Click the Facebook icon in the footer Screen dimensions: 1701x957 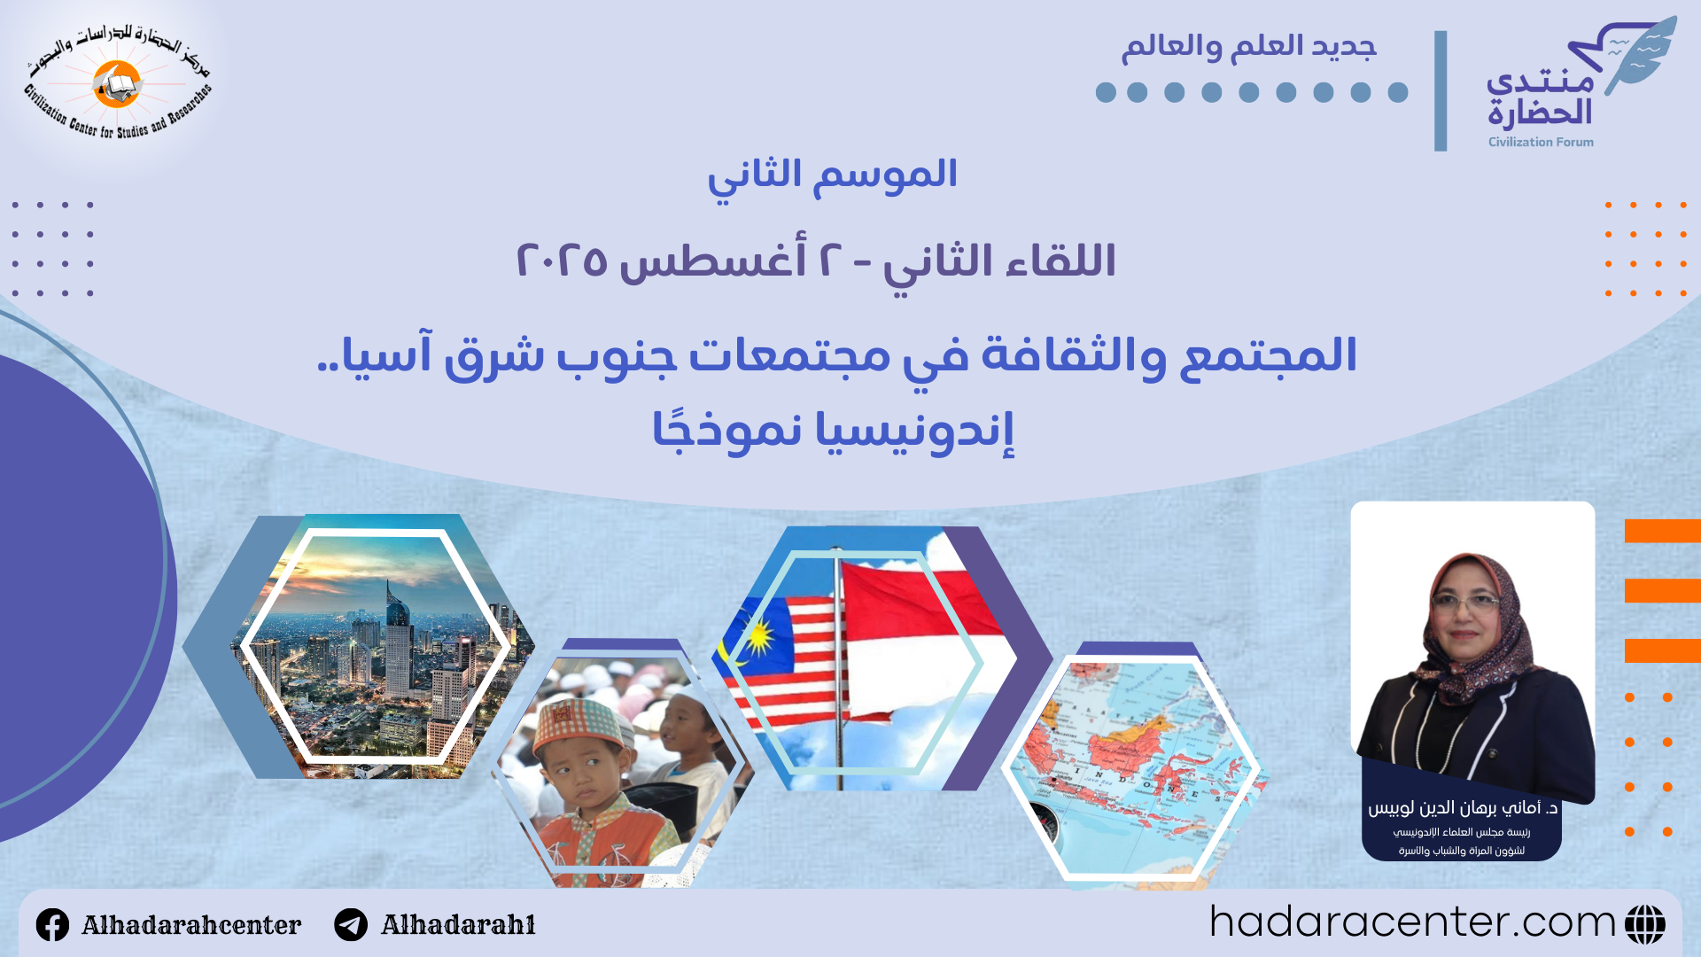52,925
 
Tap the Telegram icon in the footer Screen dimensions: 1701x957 351,925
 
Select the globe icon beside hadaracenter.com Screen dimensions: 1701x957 1645,924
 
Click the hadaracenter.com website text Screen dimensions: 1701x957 1412,922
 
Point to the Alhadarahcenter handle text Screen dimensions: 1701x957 191,925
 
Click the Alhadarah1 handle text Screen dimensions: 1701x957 458,925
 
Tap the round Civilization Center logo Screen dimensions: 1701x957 117,85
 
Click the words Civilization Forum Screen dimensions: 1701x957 1541,142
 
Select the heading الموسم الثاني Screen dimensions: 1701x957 832,175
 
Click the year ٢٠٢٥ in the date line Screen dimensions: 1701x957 562,261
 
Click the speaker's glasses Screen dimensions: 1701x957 1465,603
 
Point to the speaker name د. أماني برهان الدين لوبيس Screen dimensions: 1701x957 1463,808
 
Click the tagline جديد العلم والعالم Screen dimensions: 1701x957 1249,46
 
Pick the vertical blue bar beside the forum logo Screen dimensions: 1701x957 1441,90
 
